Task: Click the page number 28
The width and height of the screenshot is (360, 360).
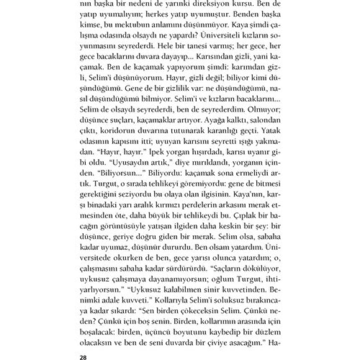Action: [83, 357]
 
